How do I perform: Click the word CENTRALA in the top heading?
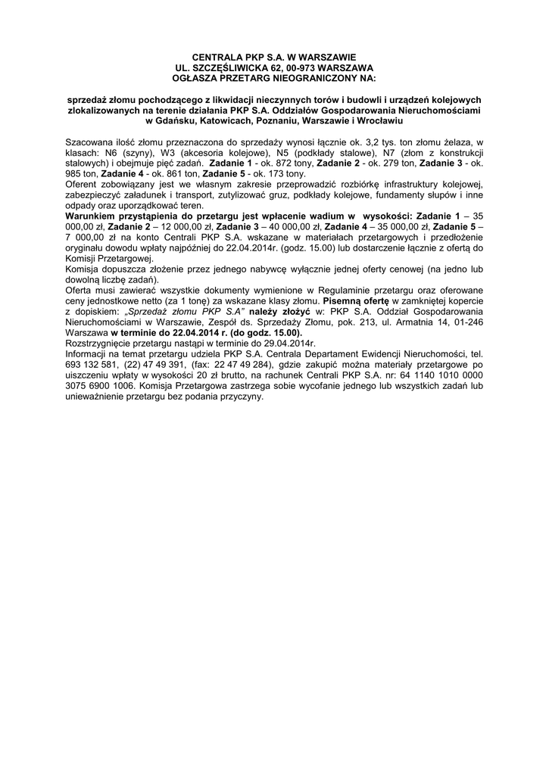pos(213,57)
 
